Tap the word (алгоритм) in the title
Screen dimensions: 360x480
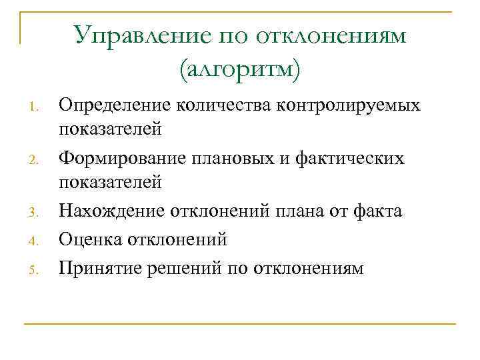240,68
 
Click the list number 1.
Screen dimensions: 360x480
39,106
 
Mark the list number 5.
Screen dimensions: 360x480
39,269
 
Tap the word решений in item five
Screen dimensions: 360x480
181,267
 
